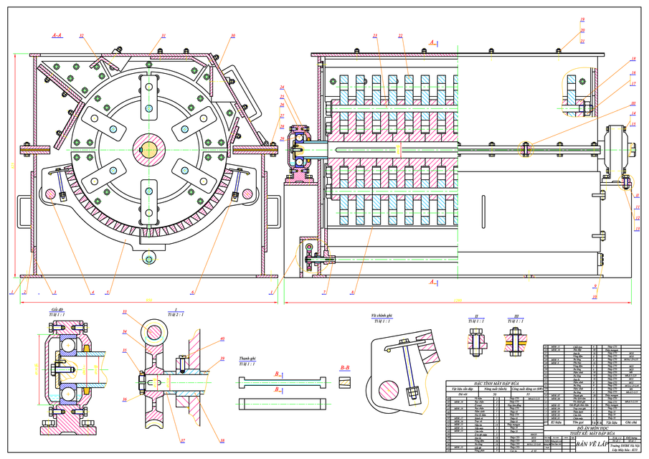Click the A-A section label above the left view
coord(57,34)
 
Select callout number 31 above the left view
coord(164,35)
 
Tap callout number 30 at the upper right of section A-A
coord(232,35)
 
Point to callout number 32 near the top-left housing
coord(82,35)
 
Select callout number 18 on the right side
coord(633,59)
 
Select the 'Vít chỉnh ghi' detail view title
coord(383,315)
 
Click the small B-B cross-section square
coord(344,380)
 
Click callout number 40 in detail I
coord(222,339)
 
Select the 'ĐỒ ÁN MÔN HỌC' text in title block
coord(587,429)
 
